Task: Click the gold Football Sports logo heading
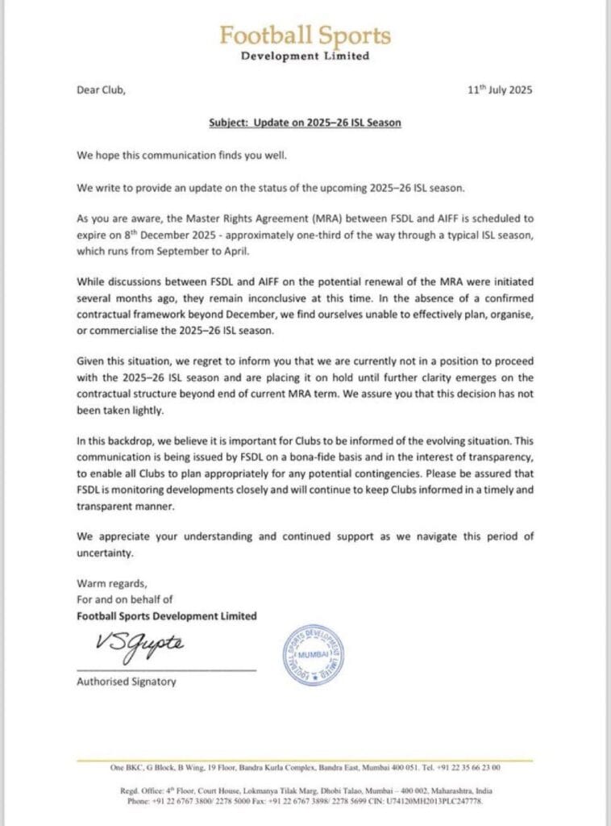[x=305, y=36]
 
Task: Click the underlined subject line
[x=305, y=123]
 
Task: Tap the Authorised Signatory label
[x=126, y=682]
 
